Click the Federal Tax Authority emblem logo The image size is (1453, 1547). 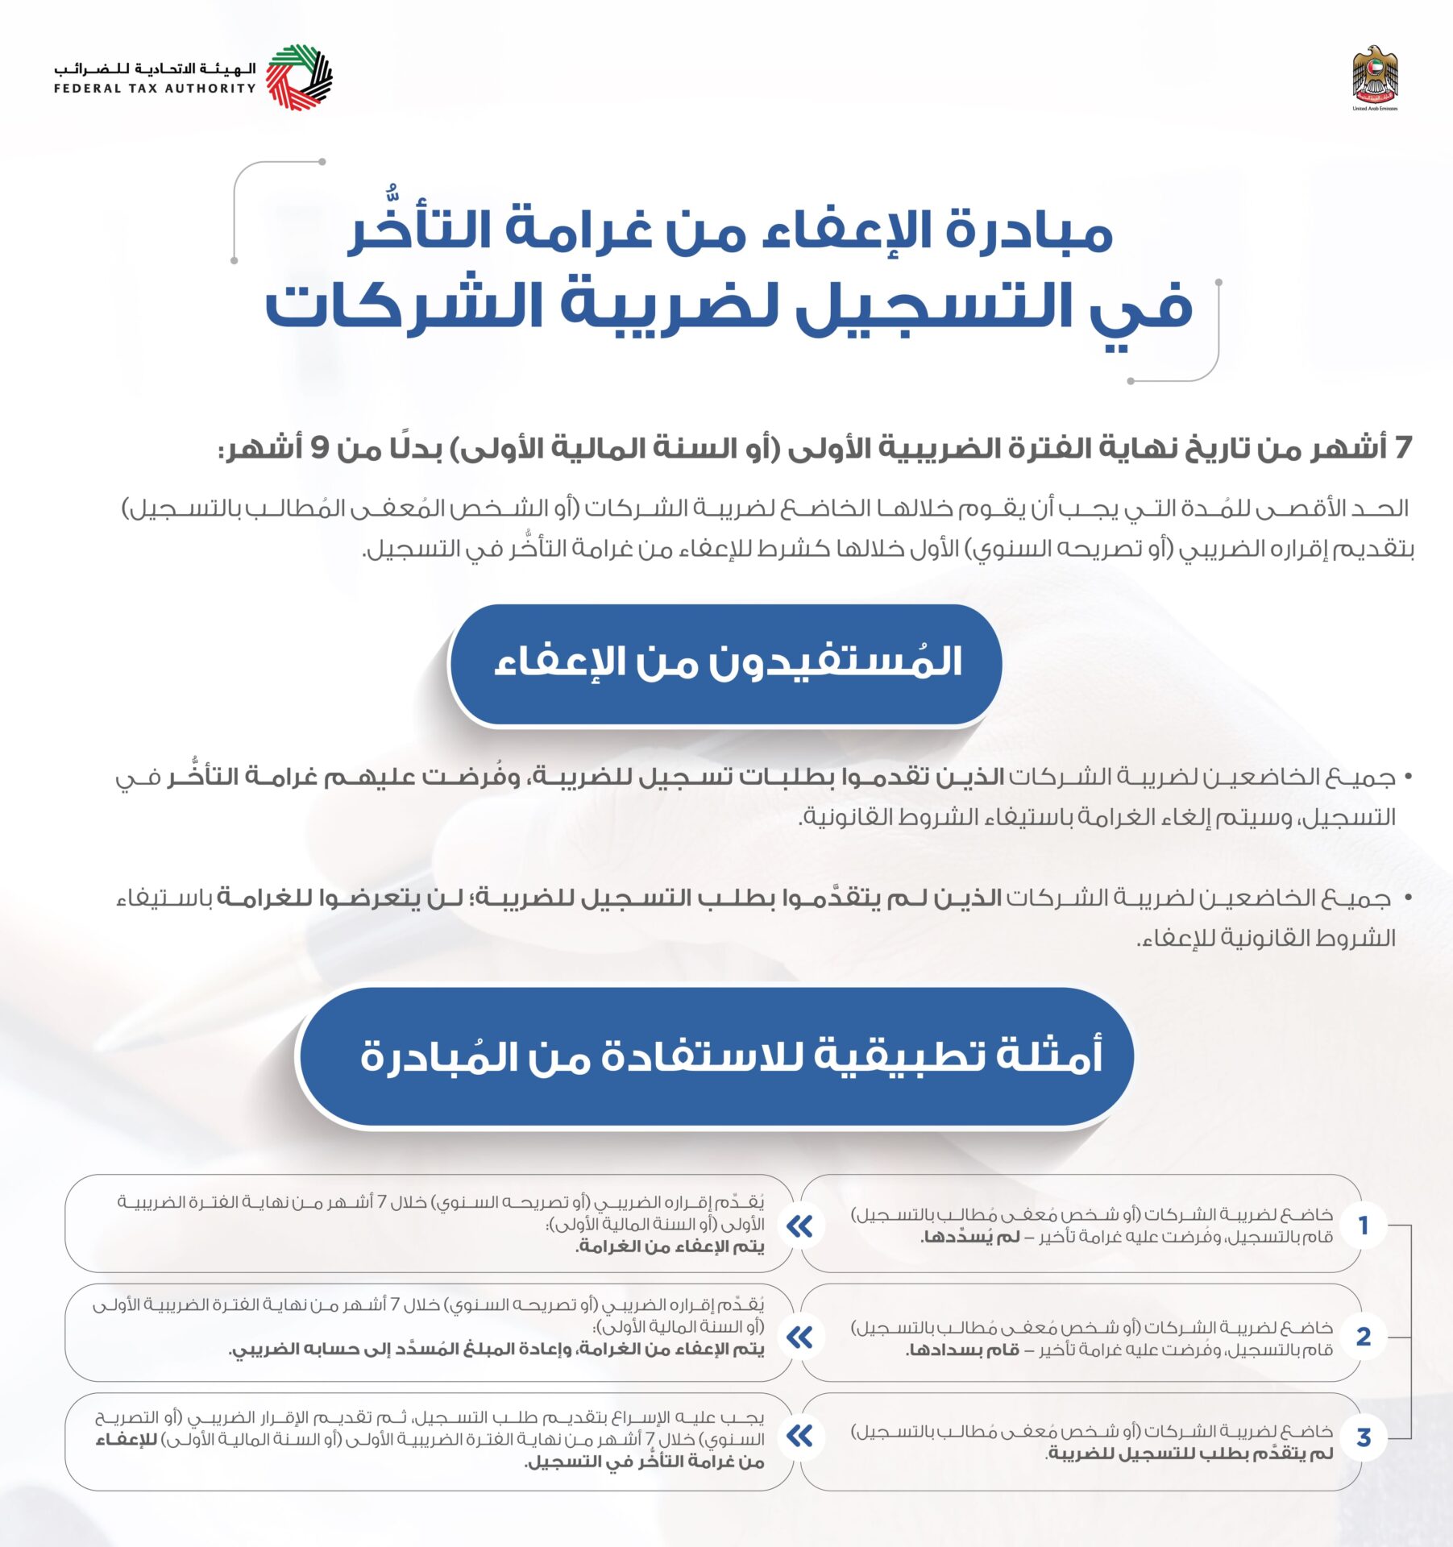[299, 77]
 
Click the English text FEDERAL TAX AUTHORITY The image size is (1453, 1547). [155, 89]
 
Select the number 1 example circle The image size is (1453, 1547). [1364, 1226]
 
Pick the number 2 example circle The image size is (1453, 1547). [1364, 1337]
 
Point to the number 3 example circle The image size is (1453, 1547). [1364, 1437]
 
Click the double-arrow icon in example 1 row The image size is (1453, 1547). [800, 1226]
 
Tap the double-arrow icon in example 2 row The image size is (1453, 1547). [800, 1338]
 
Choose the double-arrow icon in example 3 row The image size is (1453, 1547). [800, 1436]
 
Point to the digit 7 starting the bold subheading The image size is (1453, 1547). [1403, 448]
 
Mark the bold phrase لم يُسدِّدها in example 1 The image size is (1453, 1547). [971, 1238]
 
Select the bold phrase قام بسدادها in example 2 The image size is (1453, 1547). [963, 1350]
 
